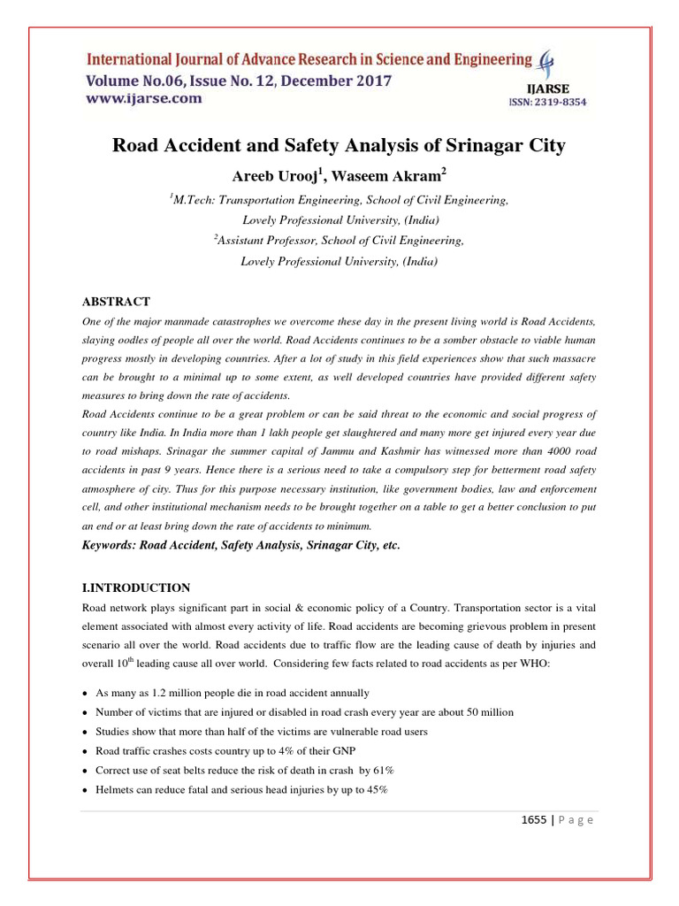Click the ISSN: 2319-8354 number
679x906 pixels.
point(547,103)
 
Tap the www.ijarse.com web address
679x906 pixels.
point(143,99)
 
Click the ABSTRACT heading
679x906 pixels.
point(116,302)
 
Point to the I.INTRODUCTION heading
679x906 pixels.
point(135,587)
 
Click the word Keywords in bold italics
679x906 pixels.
point(111,546)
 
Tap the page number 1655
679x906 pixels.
point(534,819)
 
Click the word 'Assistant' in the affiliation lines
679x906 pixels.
point(242,241)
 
